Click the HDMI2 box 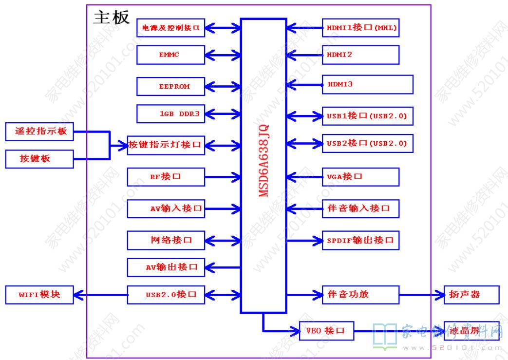point(360,55)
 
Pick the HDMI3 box point(367,84)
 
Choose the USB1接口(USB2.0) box point(367,116)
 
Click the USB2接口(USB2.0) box point(367,143)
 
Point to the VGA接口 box point(360,176)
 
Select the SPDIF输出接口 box point(360,240)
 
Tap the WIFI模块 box point(39,294)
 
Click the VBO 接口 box point(327,331)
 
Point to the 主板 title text point(112,17)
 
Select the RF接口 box point(166,176)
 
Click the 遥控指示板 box point(39,132)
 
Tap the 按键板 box point(39,159)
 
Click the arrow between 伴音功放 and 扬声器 point(421,294)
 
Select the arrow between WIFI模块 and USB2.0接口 point(100,294)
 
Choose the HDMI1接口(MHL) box point(360,28)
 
